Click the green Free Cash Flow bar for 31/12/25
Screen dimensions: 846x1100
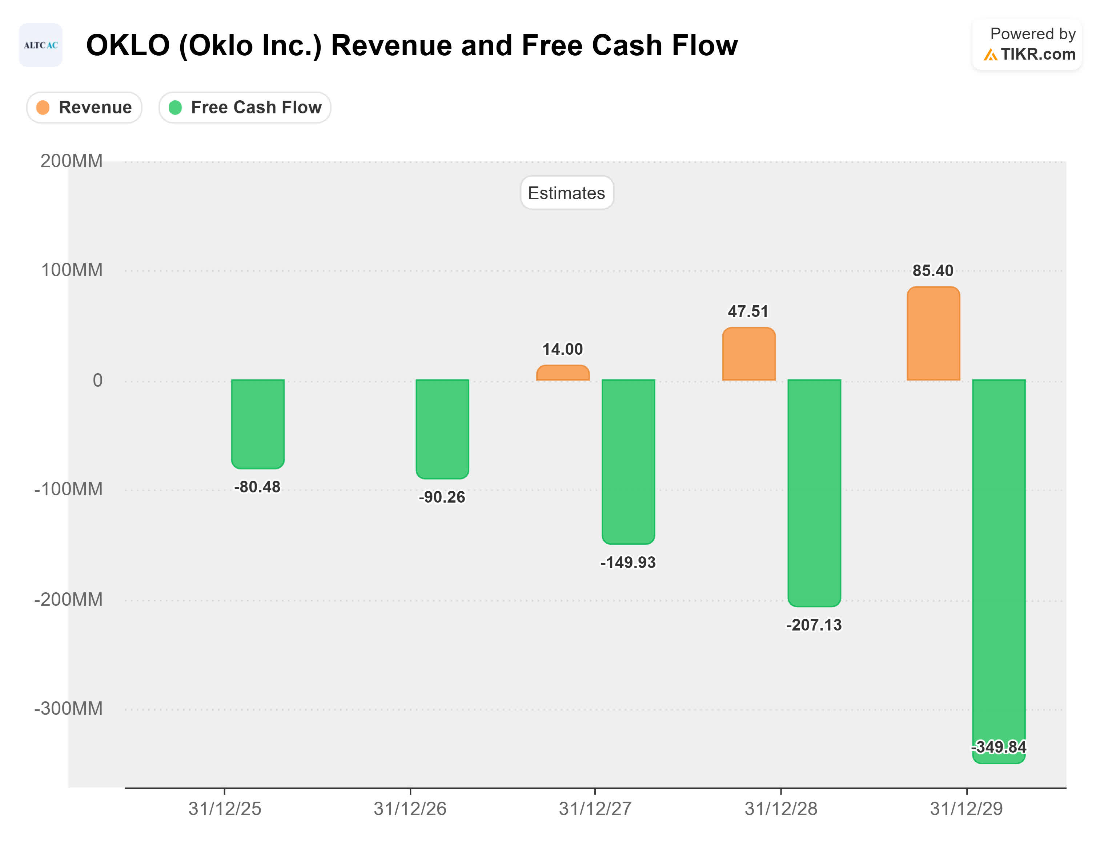257,423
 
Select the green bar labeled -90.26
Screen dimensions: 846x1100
442,428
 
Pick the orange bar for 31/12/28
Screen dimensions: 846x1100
748,354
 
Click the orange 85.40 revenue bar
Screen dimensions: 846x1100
933,333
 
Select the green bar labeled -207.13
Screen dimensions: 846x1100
814,492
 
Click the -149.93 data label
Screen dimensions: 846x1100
627,562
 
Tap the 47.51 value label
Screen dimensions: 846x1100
748,311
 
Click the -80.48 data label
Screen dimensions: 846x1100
257,487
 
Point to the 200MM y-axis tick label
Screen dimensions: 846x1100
72,161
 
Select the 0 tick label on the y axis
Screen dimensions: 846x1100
97,380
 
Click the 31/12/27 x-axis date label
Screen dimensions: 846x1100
595,809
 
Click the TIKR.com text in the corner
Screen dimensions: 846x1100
1037,54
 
